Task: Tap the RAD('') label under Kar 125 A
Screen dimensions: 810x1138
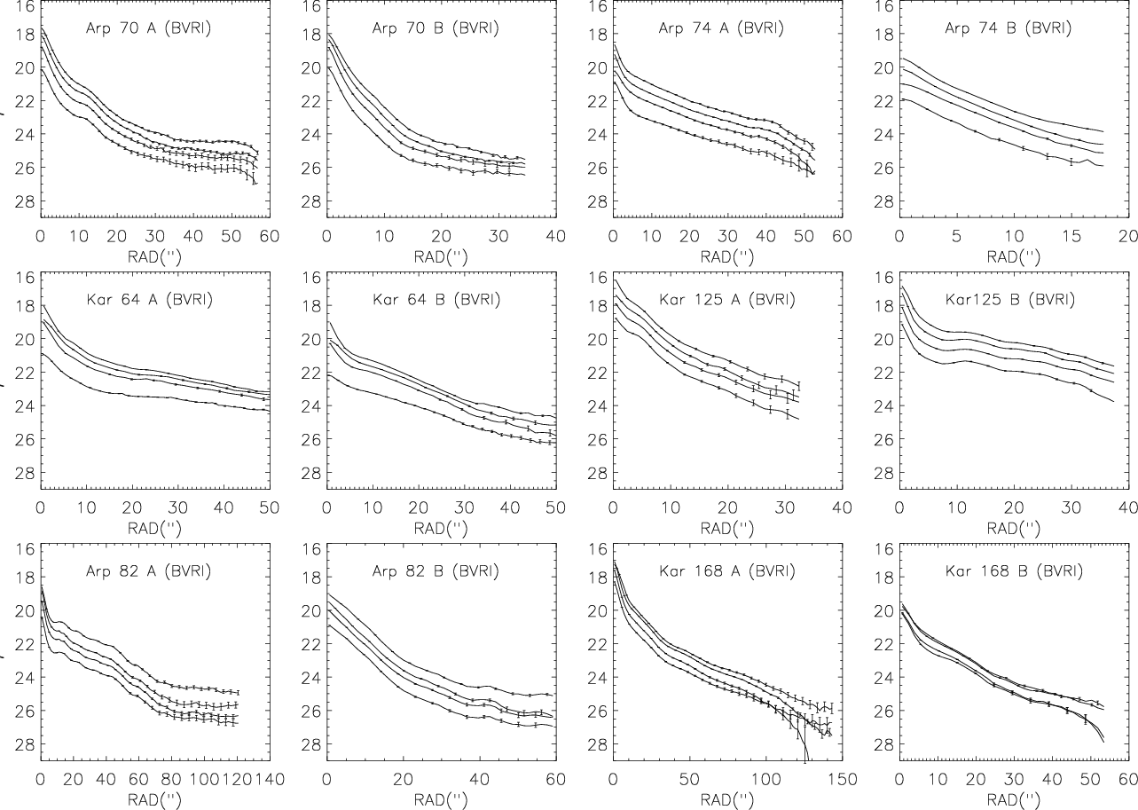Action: [x=727, y=526]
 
